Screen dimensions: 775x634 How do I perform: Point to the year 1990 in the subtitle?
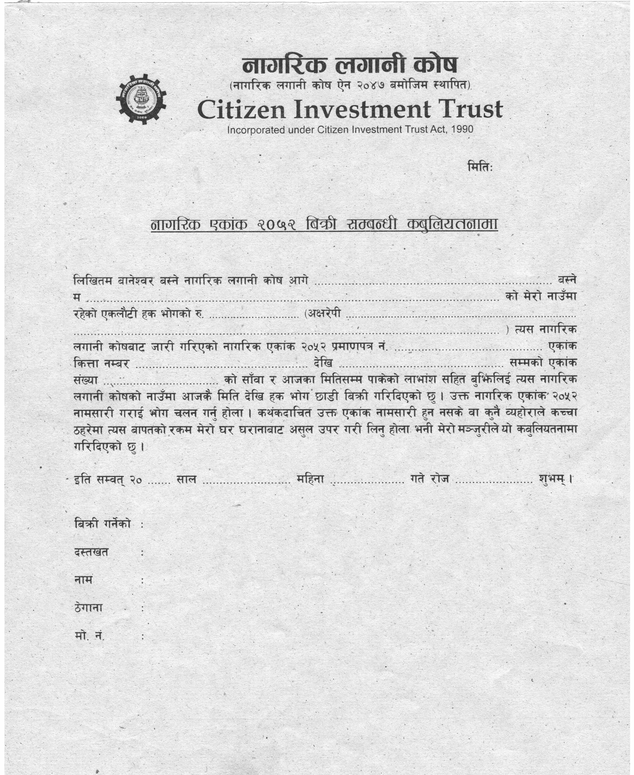tap(462, 129)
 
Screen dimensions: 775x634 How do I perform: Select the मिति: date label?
tap(480, 167)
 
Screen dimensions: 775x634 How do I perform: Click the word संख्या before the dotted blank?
tap(86, 380)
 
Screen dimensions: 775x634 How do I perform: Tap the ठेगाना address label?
tap(88, 608)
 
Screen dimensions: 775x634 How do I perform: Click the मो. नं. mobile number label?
tap(89, 636)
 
